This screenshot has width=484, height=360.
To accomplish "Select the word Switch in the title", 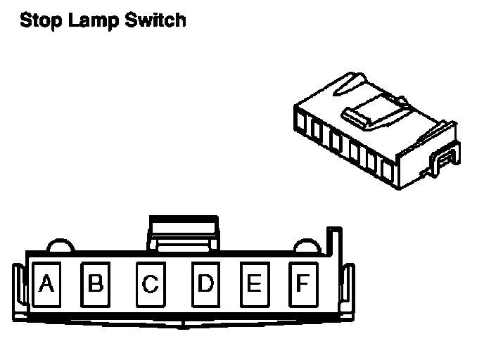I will (x=155, y=20).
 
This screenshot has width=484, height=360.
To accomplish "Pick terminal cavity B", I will (x=96, y=284).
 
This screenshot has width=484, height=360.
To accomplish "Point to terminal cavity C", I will (x=150, y=284).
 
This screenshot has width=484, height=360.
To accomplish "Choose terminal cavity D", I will (x=205, y=284).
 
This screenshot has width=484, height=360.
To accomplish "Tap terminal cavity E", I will (x=254, y=284).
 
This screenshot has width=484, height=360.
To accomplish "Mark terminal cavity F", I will (x=302, y=284).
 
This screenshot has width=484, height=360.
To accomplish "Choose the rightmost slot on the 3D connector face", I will (x=386, y=167).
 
